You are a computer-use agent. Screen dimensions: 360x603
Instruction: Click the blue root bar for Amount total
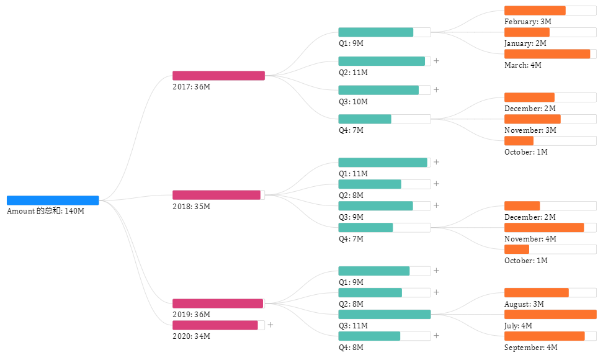[53, 200]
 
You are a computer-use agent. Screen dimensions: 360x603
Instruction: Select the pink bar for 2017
[218, 76]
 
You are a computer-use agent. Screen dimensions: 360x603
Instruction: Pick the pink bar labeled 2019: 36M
[218, 304]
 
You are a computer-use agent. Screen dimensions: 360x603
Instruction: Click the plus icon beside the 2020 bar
[270, 325]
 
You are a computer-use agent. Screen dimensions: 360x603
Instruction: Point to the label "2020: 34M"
[191, 336]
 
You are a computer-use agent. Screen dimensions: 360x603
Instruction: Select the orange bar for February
[535, 11]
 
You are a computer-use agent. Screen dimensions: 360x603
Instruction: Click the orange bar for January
[527, 32]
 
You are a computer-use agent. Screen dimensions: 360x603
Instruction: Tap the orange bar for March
[547, 54]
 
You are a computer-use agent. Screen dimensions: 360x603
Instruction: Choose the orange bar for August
[536, 293]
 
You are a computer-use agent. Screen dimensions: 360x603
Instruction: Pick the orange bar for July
[550, 315]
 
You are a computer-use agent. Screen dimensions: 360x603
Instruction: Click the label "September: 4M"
[531, 348]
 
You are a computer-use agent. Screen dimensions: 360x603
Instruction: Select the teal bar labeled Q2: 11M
[382, 61]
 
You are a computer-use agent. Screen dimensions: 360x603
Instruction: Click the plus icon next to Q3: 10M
[436, 90]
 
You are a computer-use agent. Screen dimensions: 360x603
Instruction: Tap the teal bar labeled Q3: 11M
[384, 315]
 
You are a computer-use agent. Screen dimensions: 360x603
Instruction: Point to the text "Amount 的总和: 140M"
[45, 211]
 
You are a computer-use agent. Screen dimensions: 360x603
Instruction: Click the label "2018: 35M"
[191, 206]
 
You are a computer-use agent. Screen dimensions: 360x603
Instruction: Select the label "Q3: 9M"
[351, 217]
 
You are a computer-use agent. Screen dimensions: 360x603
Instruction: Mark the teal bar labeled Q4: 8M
[369, 336]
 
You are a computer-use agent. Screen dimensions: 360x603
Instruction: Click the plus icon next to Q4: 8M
[436, 336]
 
